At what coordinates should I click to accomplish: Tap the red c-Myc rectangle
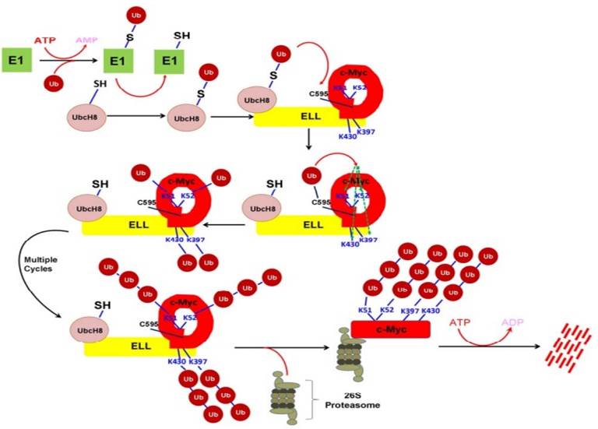(x=390, y=329)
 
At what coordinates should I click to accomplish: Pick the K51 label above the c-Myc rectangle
(x=364, y=310)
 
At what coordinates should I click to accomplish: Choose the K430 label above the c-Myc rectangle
(x=432, y=310)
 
